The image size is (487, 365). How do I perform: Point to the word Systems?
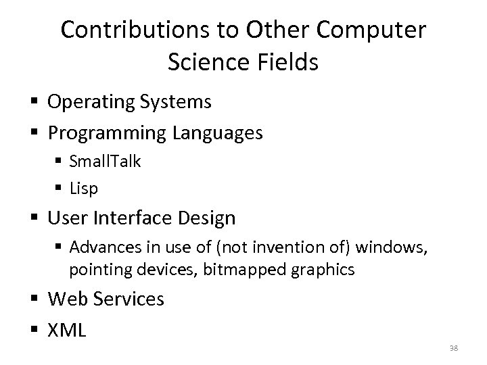coord(178,103)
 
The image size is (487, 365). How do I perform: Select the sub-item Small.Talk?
coord(104,162)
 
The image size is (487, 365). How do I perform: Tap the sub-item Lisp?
coord(84,189)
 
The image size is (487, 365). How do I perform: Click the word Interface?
coord(131,218)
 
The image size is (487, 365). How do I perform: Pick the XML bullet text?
coord(67,329)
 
